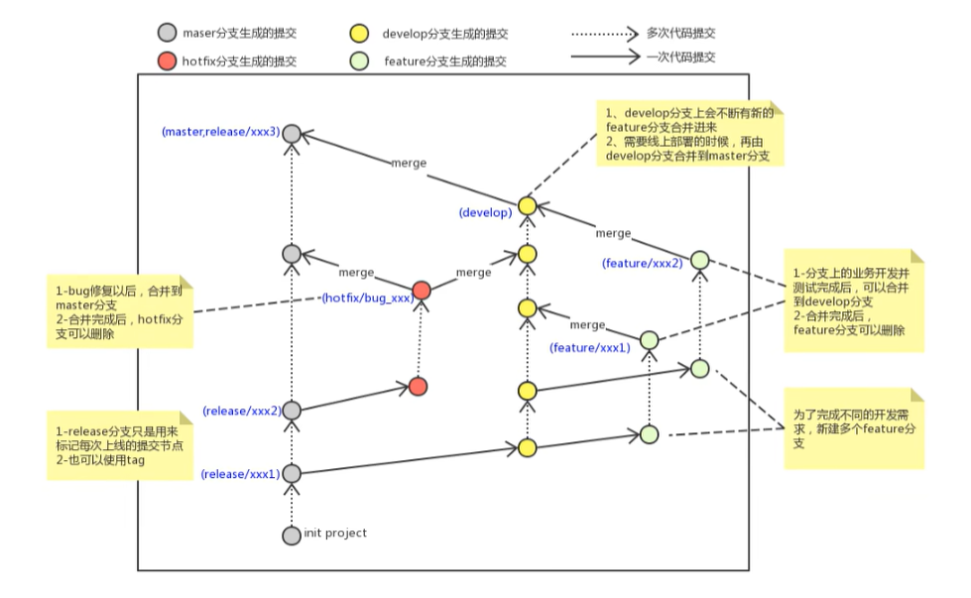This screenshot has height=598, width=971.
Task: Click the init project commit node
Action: [x=292, y=536]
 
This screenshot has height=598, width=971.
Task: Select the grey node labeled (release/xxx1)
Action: [x=292, y=474]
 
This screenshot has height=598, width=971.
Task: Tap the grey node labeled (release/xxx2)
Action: [x=292, y=411]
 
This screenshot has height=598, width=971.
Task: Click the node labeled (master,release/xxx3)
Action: [x=292, y=133]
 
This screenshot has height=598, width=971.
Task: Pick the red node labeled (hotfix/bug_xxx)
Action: [x=422, y=290]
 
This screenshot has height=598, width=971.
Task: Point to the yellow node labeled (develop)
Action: [x=527, y=205]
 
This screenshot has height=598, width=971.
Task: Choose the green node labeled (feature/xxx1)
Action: [x=649, y=340]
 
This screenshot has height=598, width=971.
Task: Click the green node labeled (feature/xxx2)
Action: [x=700, y=260]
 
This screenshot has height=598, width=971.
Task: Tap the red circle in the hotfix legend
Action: [x=167, y=60]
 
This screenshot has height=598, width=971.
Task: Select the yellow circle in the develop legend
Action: [x=359, y=34]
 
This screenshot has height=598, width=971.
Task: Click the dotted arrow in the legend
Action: [x=604, y=34]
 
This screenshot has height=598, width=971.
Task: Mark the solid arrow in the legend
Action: [x=605, y=57]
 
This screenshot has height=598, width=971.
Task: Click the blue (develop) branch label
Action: [x=486, y=212]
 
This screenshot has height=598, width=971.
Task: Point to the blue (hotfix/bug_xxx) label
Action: [x=368, y=298]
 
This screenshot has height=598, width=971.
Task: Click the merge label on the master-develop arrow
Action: [x=409, y=163]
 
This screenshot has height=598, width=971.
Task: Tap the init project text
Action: [x=335, y=533]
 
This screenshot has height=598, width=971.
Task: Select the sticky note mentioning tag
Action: [x=120, y=445]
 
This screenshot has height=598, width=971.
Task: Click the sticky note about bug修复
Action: [x=120, y=311]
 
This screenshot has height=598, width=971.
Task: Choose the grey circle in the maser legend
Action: [x=168, y=33]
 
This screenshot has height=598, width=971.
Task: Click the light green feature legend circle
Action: [x=359, y=60]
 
